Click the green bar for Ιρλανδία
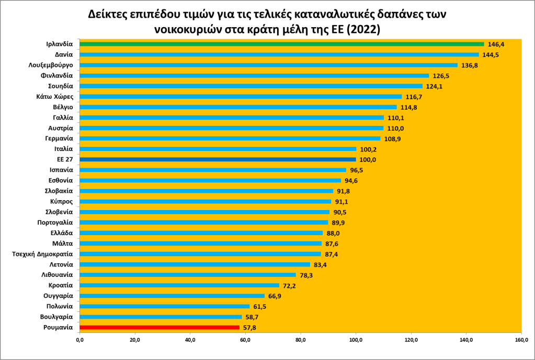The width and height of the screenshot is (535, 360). point(281,44)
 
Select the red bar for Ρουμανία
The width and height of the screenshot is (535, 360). point(159,328)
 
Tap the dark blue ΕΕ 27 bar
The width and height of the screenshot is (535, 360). point(217,159)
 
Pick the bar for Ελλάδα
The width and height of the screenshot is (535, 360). point(201,233)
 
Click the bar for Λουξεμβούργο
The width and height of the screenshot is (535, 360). point(268,65)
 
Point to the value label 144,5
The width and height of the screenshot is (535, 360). point(492,55)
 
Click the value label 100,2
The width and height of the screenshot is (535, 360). point(369,149)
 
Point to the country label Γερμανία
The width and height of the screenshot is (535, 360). point(59,138)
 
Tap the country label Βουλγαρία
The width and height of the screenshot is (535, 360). point(56,317)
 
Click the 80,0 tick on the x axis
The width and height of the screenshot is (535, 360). point(301,341)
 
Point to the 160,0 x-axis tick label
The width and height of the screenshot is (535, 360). point(521,341)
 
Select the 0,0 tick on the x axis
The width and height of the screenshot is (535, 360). point(79,341)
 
